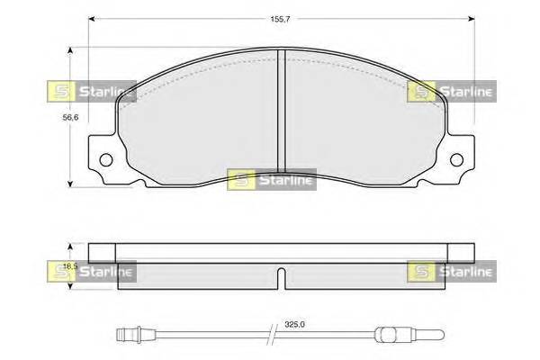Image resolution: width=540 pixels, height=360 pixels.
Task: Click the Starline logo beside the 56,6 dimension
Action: point(90,90)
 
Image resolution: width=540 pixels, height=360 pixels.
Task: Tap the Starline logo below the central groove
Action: point(270,179)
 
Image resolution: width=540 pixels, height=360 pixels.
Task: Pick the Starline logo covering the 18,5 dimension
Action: point(90,270)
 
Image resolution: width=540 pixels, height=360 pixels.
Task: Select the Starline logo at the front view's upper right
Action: point(451,90)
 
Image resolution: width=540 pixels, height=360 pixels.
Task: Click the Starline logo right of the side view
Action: point(451,270)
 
